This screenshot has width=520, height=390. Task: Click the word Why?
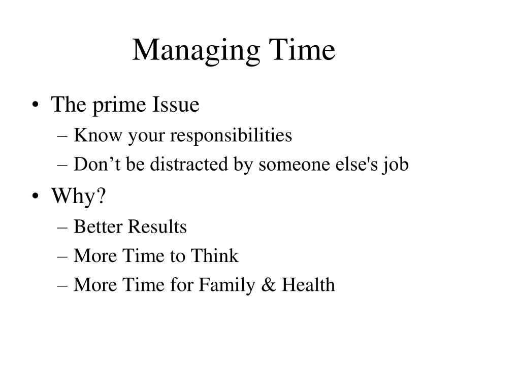point(79,196)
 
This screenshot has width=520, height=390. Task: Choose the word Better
point(98,226)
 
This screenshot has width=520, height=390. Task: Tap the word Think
point(214,256)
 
